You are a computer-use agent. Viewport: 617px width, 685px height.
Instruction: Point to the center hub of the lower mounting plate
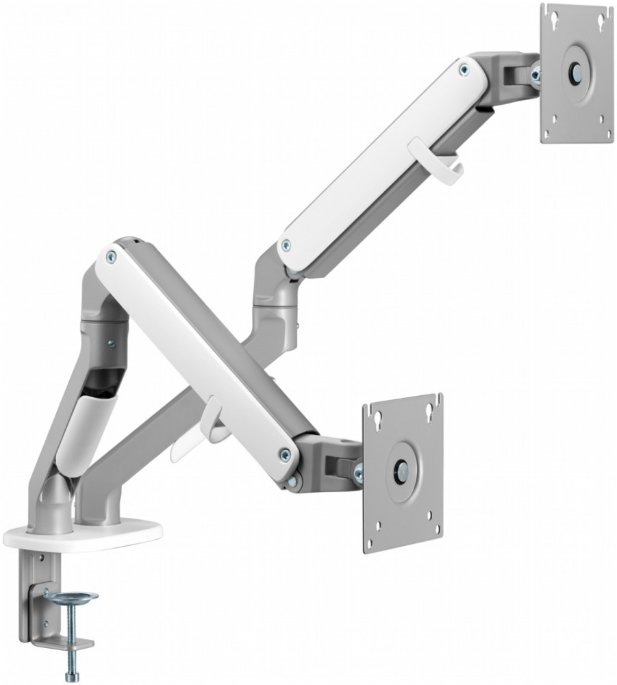[401, 471]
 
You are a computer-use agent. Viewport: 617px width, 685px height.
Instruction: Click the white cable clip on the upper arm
[436, 159]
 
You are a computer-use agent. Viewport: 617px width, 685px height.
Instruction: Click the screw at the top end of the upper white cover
[466, 68]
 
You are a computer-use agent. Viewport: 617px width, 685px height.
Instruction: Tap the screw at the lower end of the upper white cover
[286, 244]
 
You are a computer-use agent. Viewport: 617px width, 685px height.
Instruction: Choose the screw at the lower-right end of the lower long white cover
[285, 453]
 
